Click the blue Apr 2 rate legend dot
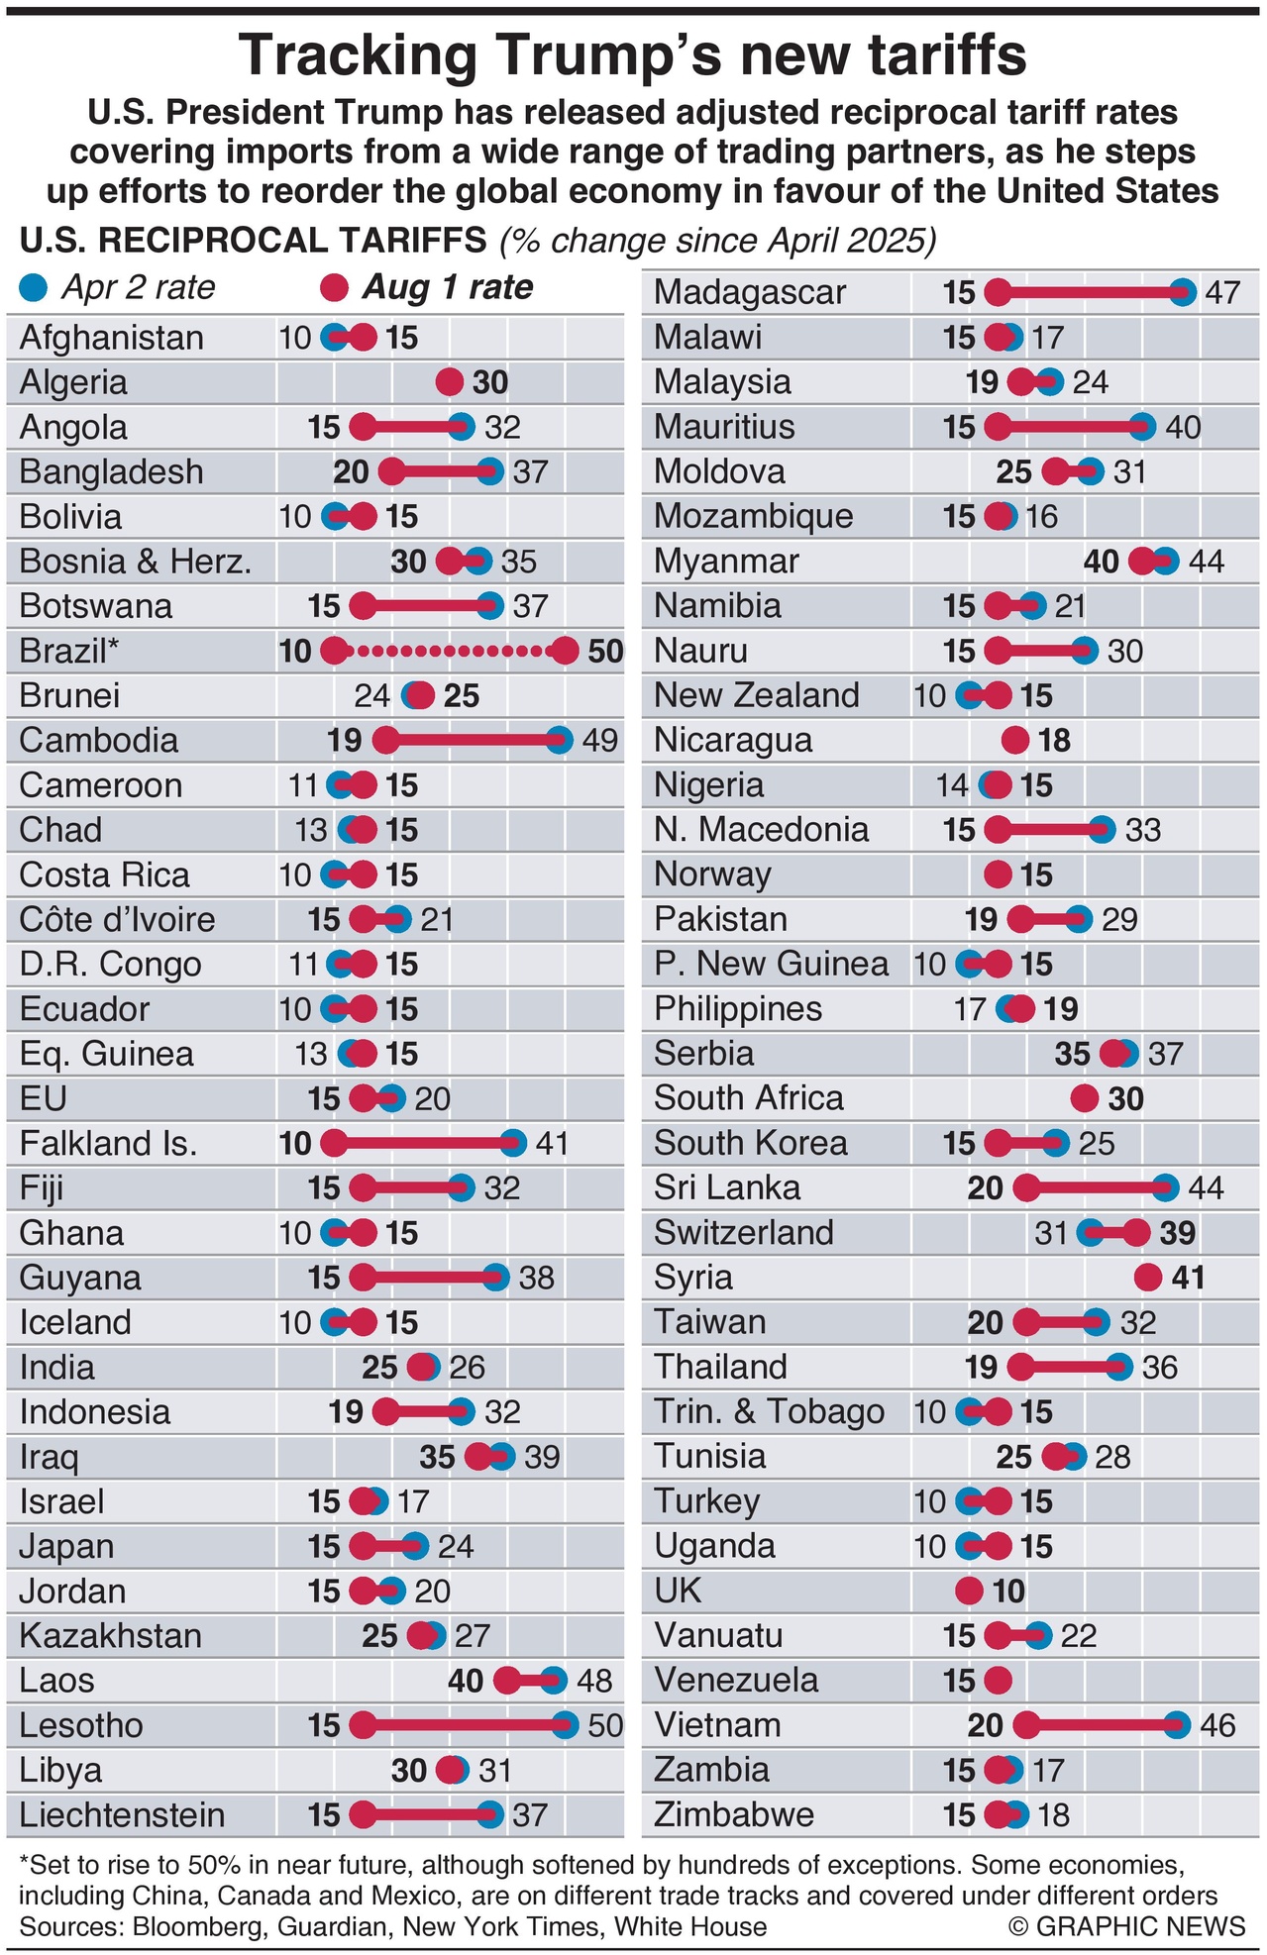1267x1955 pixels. [x=34, y=287]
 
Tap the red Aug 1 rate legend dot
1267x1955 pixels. [x=335, y=287]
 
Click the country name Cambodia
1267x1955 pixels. [x=99, y=740]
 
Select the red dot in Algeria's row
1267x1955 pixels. [x=450, y=382]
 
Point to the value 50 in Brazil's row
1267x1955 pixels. [x=605, y=651]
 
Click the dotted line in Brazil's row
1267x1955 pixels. [x=451, y=651]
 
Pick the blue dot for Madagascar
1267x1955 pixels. [x=1182, y=292]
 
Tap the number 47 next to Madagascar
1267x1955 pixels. [x=1222, y=292]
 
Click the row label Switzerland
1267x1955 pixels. [x=744, y=1232]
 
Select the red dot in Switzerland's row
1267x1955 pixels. [x=1136, y=1233]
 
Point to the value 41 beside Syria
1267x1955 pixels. [x=1188, y=1278]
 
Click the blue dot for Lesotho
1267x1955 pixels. [x=565, y=1725]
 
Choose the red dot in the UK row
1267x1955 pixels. [x=969, y=1591]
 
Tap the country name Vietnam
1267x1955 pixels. [x=717, y=1724]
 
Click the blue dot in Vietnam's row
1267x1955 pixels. [x=1177, y=1725]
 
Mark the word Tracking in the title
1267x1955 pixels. [x=359, y=55]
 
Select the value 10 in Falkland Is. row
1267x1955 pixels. [x=295, y=1144]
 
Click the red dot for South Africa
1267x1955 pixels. [x=1085, y=1098]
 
